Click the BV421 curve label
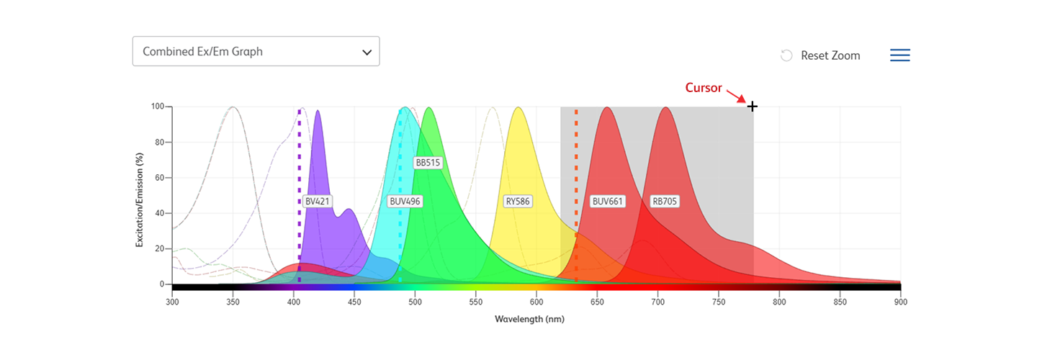click(317, 202)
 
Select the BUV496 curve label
click(404, 202)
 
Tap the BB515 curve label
click(427, 163)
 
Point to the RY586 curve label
click(518, 202)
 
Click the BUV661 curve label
click(607, 202)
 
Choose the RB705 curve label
click(664, 202)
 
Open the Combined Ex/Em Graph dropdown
click(256, 52)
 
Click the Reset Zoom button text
click(830, 55)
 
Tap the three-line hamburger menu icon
click(899, 55)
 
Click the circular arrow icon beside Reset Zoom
click(786, 55)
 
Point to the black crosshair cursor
click(753, 107)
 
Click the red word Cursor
click(703, 88)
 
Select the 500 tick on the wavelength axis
click(414, 302)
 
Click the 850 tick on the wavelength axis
click(840, 302)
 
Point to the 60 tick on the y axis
click(160, 178)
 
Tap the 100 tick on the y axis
click(158, 107)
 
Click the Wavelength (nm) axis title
click(529, 318)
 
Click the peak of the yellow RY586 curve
click(518, 108)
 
